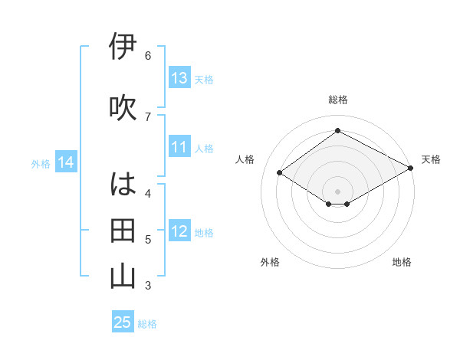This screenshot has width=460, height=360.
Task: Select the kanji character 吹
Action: (123, 106)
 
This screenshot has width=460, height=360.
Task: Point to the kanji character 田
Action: (123, 230)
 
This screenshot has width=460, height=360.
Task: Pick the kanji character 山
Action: (123, 277)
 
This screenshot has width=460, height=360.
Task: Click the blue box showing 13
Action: (179, 78)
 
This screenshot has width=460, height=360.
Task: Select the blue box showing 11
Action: (179, 147)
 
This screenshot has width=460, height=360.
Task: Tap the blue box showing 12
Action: (179, 231)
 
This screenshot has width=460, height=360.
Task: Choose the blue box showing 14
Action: (66, 162)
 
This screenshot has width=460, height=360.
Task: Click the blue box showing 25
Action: (123, 322)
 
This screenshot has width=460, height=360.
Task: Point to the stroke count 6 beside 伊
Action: (148, 56)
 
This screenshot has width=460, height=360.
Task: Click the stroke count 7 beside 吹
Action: (148, 116)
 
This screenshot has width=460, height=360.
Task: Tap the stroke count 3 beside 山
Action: (148, 286)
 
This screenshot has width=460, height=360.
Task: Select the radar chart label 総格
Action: (338, 100)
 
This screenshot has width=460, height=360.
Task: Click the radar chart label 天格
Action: (431, 159)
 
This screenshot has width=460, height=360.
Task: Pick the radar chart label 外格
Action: (270, 262)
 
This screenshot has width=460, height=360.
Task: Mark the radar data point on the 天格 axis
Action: (411, 169)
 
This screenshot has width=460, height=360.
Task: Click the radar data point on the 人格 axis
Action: (280, 173)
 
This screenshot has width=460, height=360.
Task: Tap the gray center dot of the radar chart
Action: (337, 191)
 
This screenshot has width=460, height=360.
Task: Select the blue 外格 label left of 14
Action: (41, 163)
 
